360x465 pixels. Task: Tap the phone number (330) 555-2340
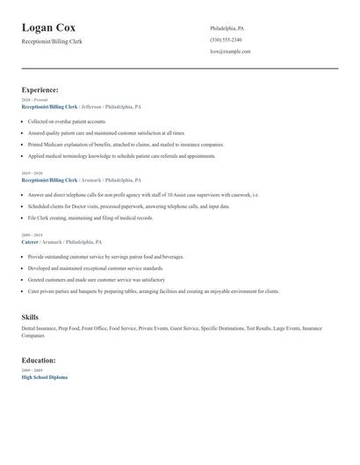[226, 39]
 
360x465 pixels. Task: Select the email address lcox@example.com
[230, 51]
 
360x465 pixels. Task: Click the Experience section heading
[40, 89]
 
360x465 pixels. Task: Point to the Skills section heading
[30, 316]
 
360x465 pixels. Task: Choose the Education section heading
[39, 360]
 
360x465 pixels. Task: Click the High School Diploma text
[44, 376]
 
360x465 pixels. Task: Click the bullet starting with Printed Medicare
[126, 144]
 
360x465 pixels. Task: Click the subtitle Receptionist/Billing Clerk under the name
[52, 41]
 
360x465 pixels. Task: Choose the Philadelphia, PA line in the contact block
[227, 28]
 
